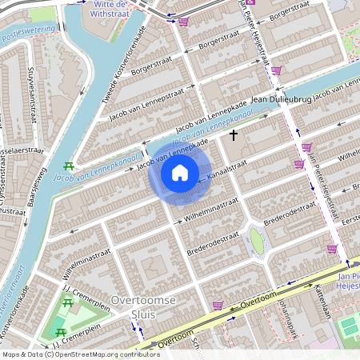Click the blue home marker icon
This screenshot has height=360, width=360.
click(x=180, y=173)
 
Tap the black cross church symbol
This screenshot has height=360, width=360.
click(x=234, y=135)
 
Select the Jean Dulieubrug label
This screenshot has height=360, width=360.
click(x=280, y=100)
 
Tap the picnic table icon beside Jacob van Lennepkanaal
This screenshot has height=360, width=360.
click(x=68, y=166)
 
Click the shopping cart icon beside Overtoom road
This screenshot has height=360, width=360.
click(x=217, y=305)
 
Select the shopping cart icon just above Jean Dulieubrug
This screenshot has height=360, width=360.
click(x=276, y=71)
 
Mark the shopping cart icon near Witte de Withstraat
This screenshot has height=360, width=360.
click(x=183, y=22)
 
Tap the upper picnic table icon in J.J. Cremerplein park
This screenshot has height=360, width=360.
click(x=66, y=302)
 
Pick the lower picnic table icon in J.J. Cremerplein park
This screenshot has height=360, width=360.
click(x=58, y=331)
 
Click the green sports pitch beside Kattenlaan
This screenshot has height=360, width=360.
click(x=349, y=326)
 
